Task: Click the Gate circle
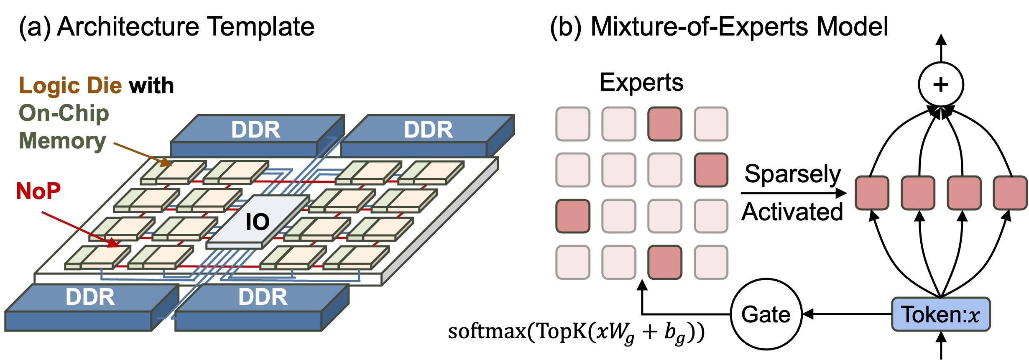766,314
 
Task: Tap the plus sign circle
941,84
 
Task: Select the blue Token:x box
941,314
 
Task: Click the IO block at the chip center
258,222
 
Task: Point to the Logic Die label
70,86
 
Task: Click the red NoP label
38,191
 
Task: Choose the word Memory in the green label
62,140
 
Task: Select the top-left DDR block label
255,130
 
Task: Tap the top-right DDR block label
428,130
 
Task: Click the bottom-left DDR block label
90,297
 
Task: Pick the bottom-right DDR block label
263,297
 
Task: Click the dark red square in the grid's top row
665,124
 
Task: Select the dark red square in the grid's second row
711,170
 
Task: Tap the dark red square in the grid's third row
573,216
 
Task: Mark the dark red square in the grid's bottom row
665,262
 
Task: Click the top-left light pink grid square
573,124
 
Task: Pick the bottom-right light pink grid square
711,262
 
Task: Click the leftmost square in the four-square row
872,193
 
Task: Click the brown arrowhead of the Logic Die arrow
167,163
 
